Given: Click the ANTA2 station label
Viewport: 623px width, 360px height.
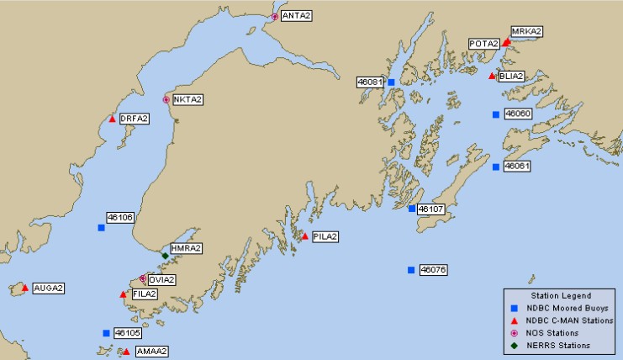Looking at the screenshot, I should (296, 16).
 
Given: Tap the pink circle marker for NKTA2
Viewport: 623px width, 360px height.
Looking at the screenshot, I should (166, 99).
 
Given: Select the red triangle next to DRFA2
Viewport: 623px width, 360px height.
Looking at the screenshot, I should (112, 119).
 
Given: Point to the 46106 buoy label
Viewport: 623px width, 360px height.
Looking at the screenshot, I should (119, 217).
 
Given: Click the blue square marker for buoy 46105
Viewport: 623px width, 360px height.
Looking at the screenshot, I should (106, 333).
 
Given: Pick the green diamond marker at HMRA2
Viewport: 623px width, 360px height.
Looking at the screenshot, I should (165, 255).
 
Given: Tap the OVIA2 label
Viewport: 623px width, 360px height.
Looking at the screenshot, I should (162, 279).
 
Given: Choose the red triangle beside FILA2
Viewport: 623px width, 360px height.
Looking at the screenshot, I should (123, 294).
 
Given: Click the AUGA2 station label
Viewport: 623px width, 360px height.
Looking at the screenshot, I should (49, 288).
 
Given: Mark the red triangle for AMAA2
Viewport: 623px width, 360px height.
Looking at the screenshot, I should (126, 351).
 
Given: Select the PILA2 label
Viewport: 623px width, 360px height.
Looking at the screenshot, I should (325, 236).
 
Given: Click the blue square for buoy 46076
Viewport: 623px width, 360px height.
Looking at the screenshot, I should (411, 270).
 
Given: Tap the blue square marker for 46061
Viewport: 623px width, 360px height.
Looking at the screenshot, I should (496, 167).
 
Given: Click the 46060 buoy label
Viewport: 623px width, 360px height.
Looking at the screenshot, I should (517, 114).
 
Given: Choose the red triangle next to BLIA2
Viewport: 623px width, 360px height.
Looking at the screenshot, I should (492, 76).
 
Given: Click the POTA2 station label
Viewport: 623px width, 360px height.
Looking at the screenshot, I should (484, 44).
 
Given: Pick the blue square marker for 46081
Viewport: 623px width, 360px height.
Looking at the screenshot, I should (391, 82).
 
